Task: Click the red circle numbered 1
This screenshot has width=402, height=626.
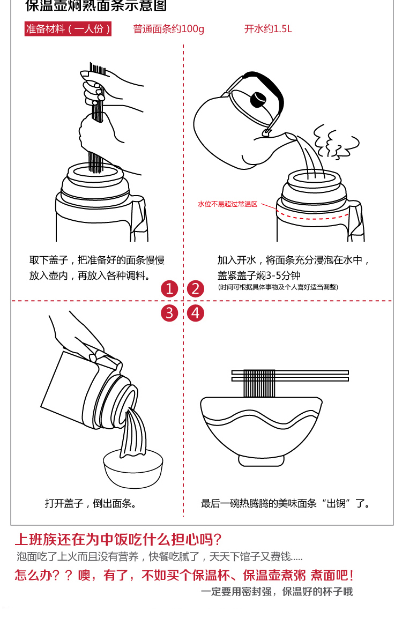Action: tap(169, 289)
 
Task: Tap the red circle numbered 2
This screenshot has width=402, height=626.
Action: tap(195, 289)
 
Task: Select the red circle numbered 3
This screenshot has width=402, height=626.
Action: tap(169, 313)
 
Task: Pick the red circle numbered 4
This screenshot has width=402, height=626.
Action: tap(195, 313)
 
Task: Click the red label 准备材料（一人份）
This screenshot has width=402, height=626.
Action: tap(68, 29)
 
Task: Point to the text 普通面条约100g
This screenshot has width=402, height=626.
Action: tap(168, 29)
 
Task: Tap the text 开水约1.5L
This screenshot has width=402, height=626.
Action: tap(268, 29)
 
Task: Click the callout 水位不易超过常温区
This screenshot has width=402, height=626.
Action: tap(228, 204)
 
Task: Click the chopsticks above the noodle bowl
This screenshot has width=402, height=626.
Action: tap(290, 376)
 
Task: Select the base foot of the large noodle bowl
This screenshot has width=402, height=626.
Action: tap(261, 460)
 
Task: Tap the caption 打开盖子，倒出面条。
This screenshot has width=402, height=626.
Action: tap(91, 503)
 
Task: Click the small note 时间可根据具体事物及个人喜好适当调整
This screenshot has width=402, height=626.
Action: tap(278, 287)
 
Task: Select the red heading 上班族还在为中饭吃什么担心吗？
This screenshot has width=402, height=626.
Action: tap(118, 539)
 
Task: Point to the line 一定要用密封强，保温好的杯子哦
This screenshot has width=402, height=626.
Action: tap(277, 592)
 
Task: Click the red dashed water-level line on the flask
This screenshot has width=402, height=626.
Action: tap(314, 216)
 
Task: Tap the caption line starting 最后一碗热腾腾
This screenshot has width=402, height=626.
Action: tap(286, 503)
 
